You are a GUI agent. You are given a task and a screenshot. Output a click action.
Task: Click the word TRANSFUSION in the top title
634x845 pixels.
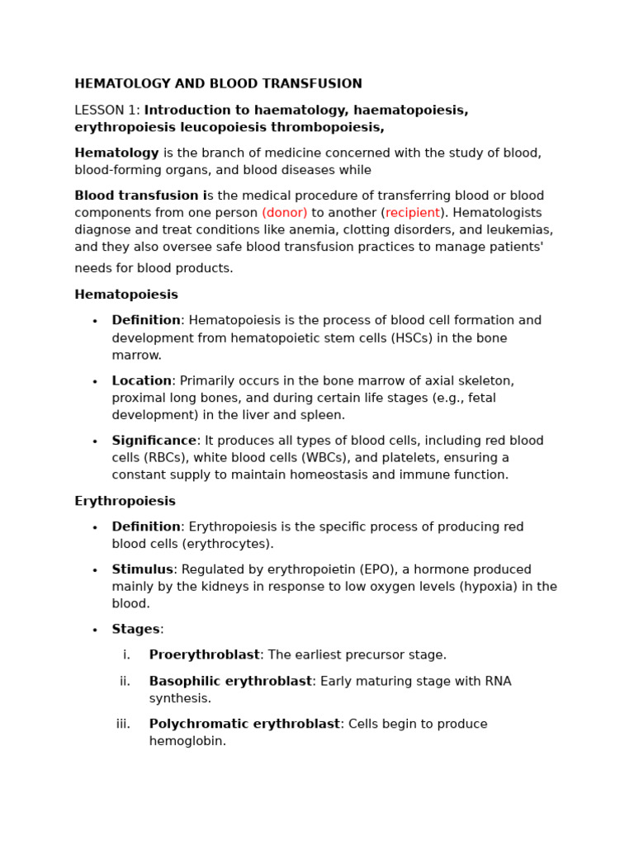click(317, 84)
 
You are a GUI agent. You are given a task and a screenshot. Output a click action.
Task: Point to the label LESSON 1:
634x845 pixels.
click(107, 111)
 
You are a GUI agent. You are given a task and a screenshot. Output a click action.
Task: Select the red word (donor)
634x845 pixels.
click(284, 213)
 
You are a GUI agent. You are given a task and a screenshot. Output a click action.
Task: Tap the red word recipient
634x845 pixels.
click(412, 213)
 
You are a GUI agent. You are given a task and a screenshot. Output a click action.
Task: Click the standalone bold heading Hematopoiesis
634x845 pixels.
click(126, 295)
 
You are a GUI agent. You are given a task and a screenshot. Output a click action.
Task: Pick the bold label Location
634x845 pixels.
click(141, 381)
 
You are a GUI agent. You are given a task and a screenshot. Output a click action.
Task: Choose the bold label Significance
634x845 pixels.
click(154, 441)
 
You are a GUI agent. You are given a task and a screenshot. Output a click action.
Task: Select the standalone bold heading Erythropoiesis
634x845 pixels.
click(125, 502)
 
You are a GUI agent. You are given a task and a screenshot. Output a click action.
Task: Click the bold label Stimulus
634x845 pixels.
click(142, 570)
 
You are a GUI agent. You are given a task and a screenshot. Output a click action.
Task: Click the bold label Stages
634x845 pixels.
click(135, 630)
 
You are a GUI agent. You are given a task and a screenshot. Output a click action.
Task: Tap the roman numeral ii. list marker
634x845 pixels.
click(125, 682)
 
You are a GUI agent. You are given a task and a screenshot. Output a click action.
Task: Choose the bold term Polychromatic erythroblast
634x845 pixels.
click(244, 725)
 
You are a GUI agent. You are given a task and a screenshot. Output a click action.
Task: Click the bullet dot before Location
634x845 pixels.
click(95, 382)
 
